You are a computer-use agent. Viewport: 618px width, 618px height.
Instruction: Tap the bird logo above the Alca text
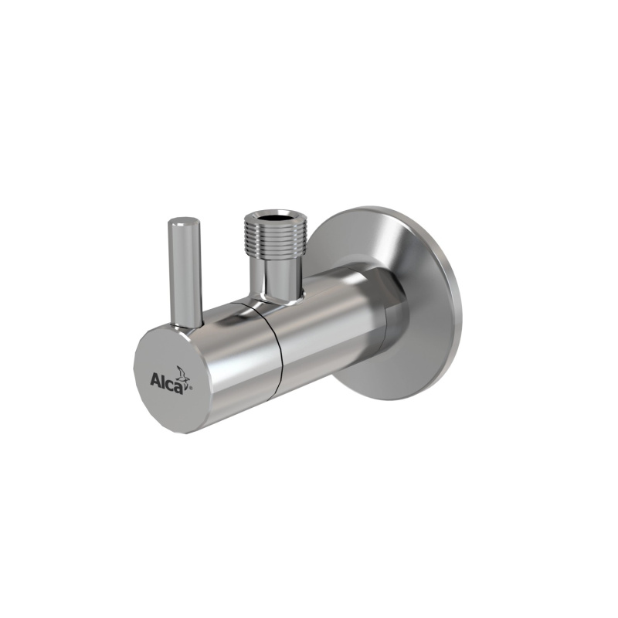(x=182, y=372)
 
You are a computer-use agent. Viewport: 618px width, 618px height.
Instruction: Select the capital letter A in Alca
(x=154, y=381)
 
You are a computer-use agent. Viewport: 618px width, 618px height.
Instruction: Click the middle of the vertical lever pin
(x=185, y=270)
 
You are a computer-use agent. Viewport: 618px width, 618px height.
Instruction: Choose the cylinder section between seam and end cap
(x=232, y=348)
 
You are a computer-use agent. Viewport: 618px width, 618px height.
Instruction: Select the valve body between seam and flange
(x=324, y=317)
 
